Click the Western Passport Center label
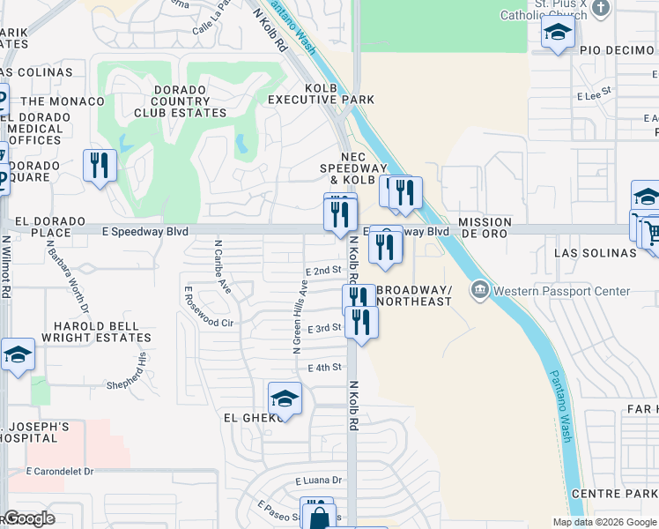[x=561, y=291]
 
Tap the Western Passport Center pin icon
[x=480, y=289]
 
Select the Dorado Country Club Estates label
[x=180, y=101]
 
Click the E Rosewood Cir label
[x=209, y=306]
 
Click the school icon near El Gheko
[x=285, y=400]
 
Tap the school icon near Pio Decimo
[x=557, y=34]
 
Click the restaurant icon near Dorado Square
[x=100, y=165]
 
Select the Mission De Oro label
[x=485, y=228]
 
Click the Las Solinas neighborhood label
[x=595, y=253]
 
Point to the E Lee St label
[x=594, y=92]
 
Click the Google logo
[x=29, y=518]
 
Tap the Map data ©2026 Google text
[x=603, y=522]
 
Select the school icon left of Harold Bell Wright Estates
[x=18, y=354]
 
